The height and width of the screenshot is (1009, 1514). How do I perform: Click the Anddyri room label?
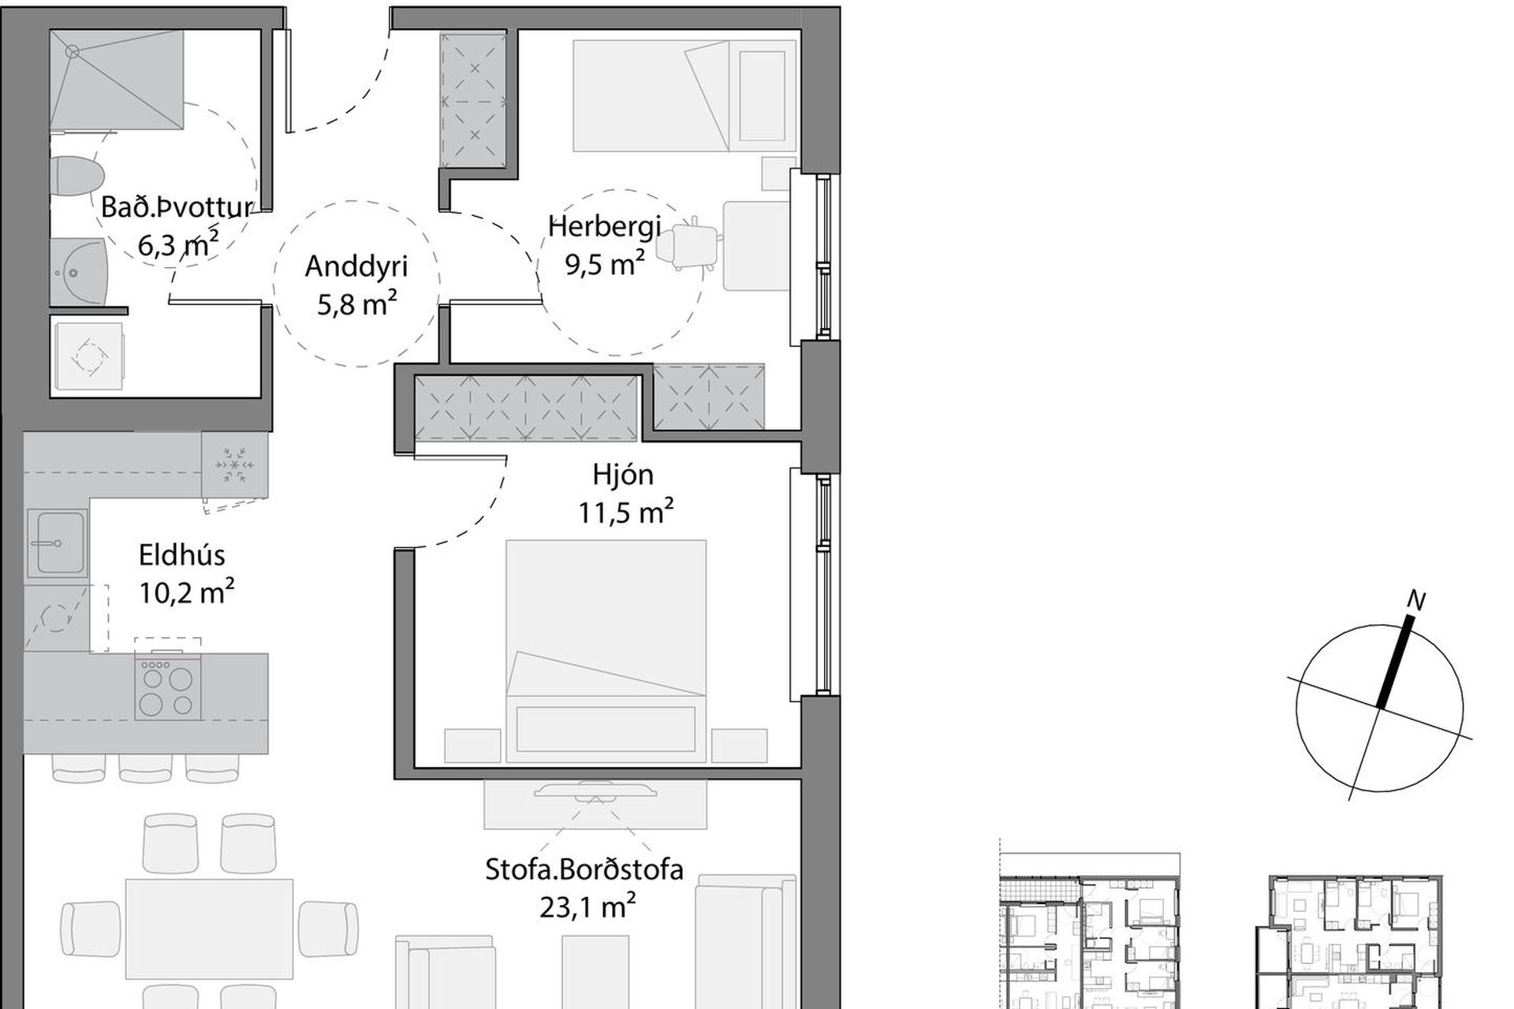tap(356, 267)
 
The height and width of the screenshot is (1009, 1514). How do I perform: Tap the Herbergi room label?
tap(605, 227)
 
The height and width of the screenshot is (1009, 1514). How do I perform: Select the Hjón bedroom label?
tap(623, 475)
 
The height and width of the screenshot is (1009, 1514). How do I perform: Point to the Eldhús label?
tap(182, 555)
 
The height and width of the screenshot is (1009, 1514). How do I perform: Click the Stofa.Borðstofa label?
tap(584, 869)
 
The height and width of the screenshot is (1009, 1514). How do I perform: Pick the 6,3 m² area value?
tap(178, 244)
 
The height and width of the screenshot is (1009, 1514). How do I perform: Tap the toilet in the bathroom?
tap(76, 173)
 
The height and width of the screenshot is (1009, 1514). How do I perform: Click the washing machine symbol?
tap(87, 356)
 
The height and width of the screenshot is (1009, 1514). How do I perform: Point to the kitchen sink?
tap(57, 542)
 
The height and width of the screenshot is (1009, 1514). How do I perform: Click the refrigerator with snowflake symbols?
tap(235, 465)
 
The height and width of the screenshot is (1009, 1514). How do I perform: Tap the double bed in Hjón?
tap(606, 651)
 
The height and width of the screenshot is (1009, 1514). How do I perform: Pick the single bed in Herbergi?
tap(684, 95)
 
